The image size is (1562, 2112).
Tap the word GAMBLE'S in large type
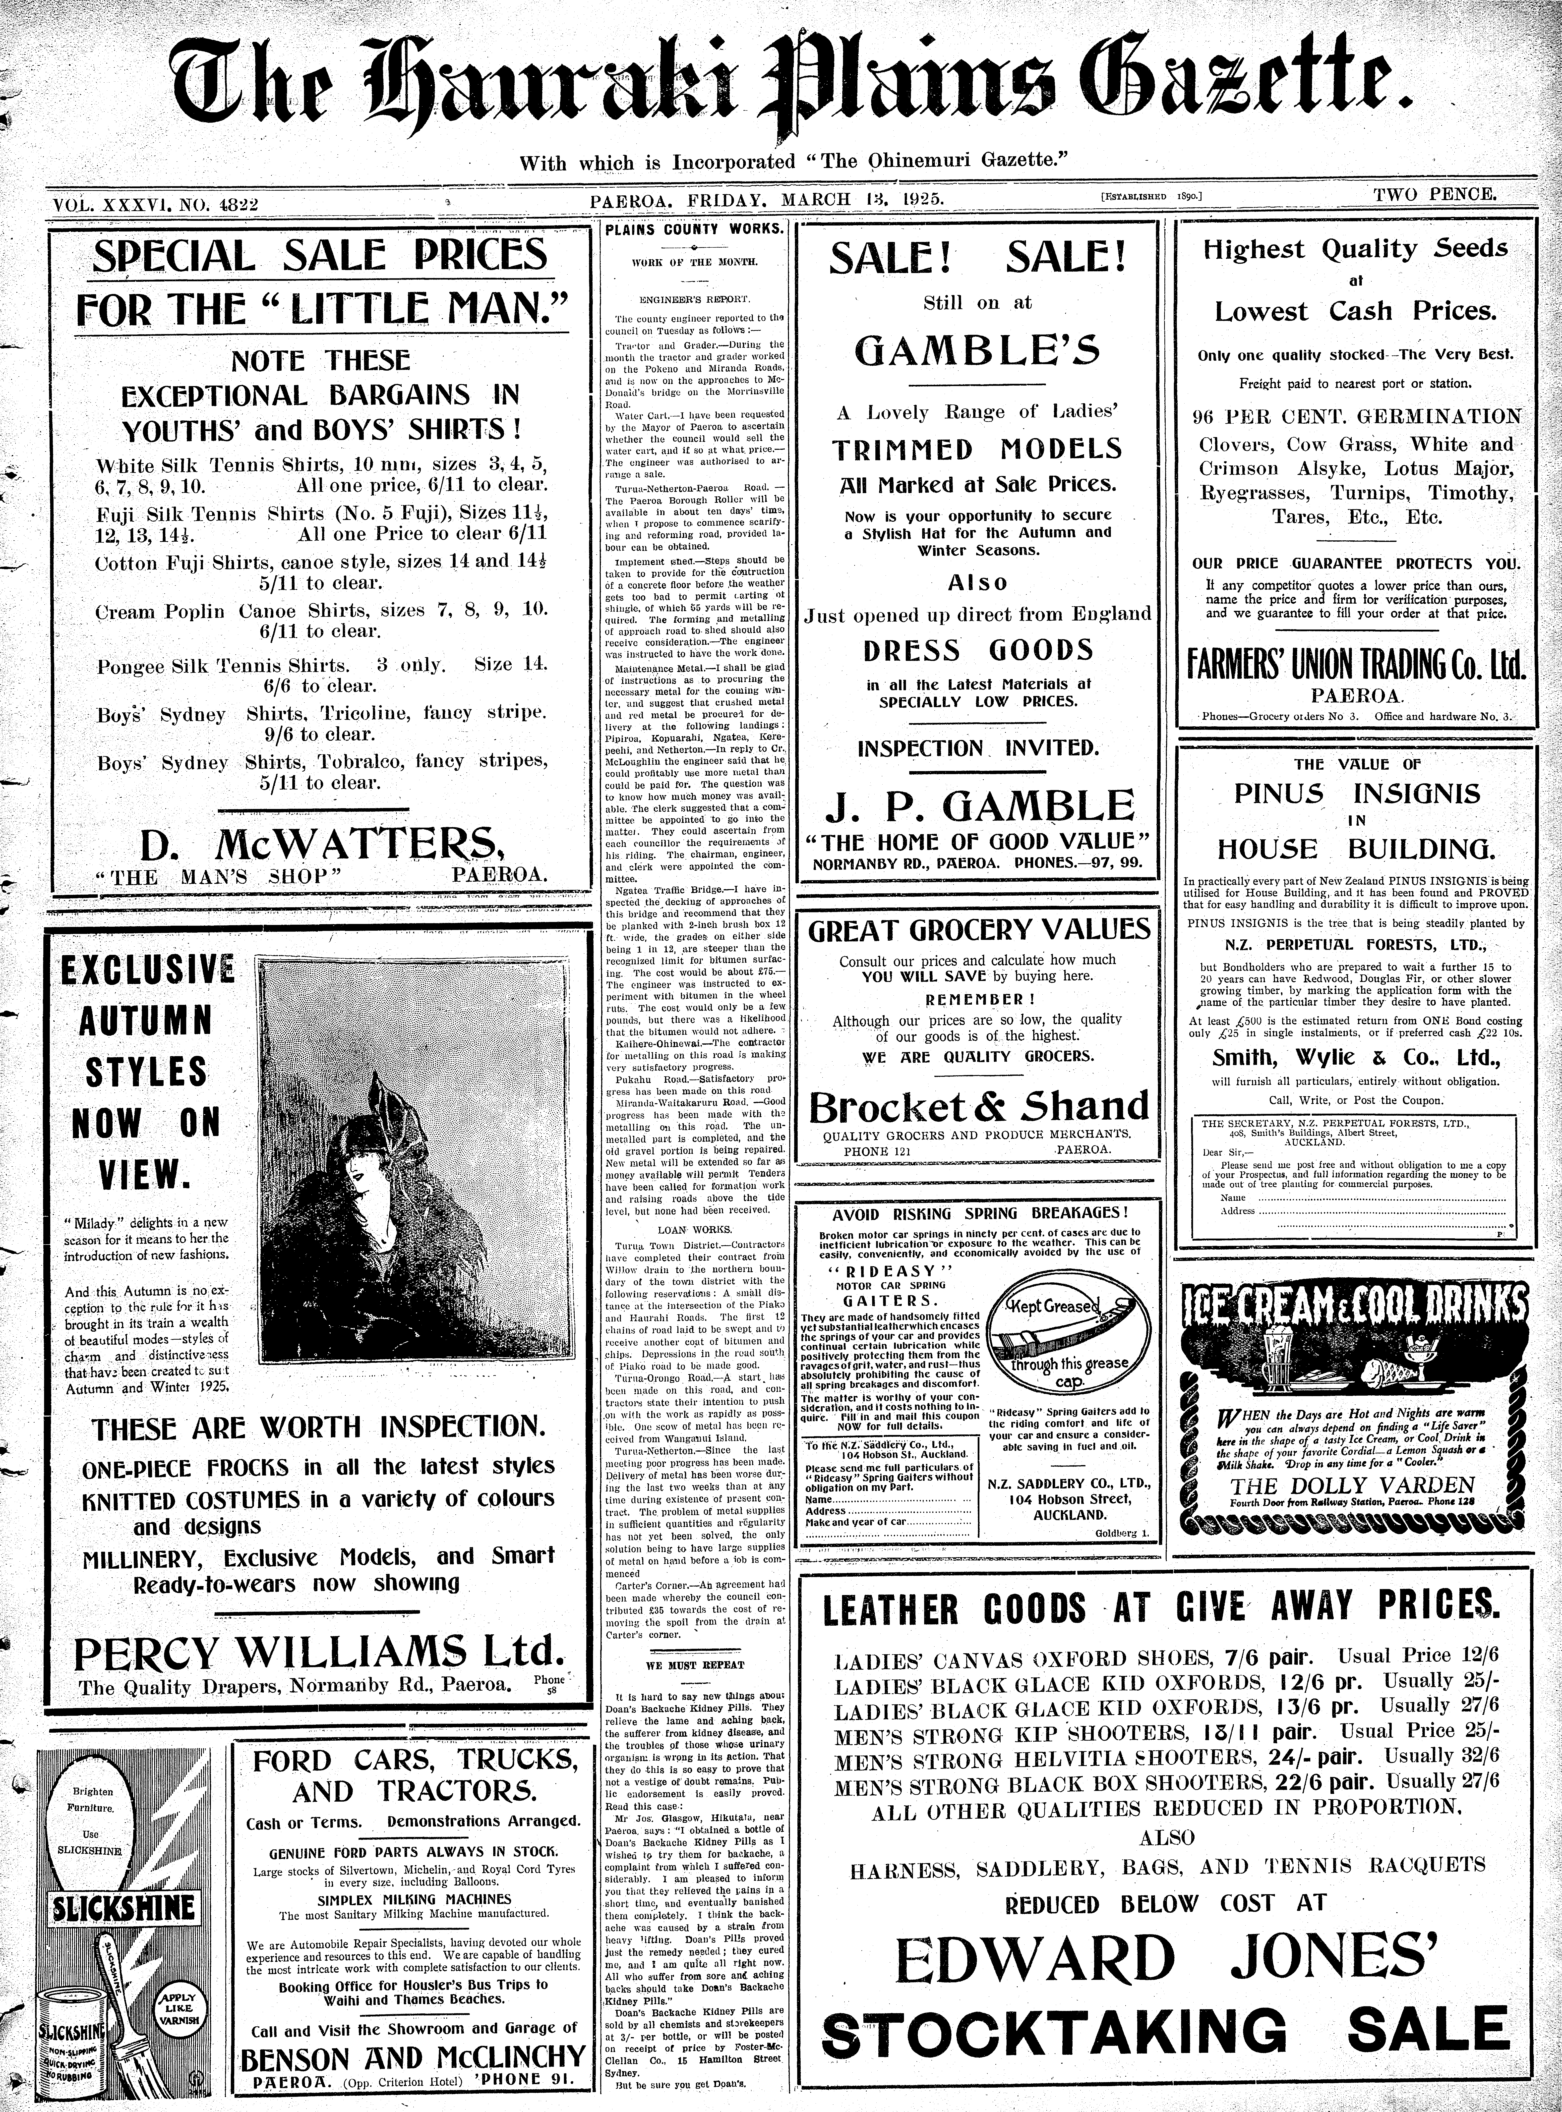pos(978,351)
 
